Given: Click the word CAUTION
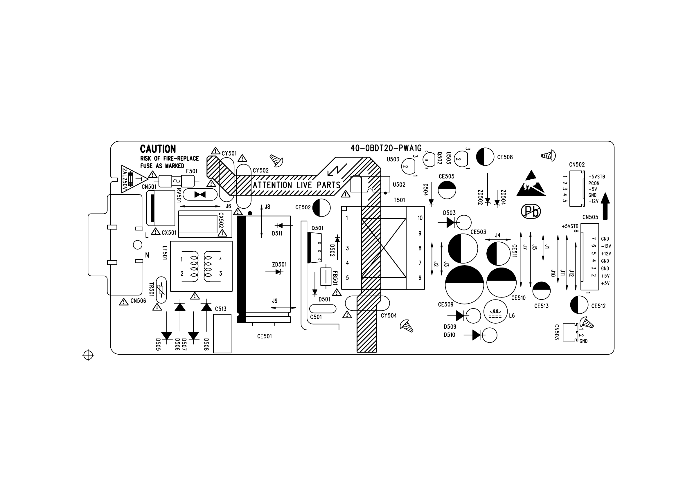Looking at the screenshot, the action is [158, 149].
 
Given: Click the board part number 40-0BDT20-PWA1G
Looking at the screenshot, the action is [386, 148].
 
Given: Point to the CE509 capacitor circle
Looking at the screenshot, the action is [464, 285].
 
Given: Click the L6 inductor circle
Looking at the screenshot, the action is [495, 311].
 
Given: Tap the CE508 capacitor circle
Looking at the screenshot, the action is [485, 157].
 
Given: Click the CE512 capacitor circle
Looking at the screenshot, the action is [579, 305].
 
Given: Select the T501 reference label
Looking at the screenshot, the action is [399, 200].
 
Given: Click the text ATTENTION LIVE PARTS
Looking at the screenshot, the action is [296, 185].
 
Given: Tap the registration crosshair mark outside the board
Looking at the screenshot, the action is [88, 355].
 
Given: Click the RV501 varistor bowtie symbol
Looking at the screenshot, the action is [200, 195].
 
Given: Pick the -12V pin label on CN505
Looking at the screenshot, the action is [606, 246].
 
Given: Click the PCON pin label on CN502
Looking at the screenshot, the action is [594, 183].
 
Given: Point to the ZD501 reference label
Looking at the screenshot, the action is [279, 265].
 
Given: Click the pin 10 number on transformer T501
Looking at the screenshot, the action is [420, 218].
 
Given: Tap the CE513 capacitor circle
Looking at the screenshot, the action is [541, 291].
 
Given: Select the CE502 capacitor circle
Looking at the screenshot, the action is [321, 207].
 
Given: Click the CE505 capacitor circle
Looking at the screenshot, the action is [447, 190].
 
